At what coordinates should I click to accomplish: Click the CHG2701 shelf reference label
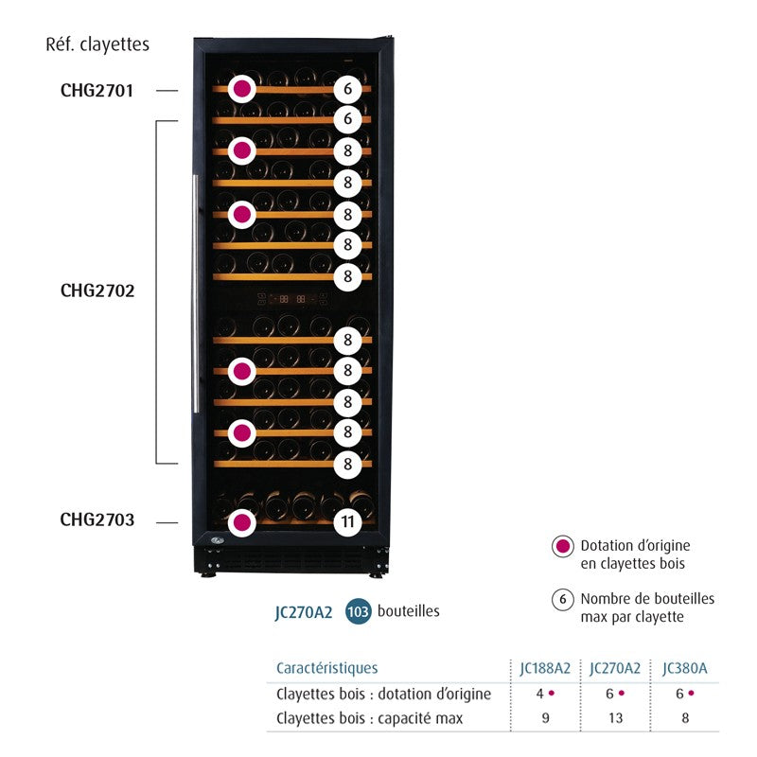[x=97, y=91]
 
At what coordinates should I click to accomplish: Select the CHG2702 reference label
[x=97, y=290]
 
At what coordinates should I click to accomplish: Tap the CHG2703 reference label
[x=97, y=519]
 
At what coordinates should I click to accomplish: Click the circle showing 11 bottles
[x=347, y=521]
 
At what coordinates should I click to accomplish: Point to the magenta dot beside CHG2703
[x=242, y=521]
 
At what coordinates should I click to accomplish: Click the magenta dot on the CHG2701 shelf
[x=242, y=90]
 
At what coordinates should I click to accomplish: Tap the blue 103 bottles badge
[x=358, y=611]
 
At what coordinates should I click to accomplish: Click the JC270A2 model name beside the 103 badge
[x=304, y=612]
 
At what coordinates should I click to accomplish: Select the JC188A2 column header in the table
[x=545, y=668]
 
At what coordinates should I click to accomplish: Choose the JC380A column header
[x=685, y=668]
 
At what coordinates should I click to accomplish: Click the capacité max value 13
[x=615, y=718]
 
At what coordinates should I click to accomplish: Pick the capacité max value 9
[x=545, y=718]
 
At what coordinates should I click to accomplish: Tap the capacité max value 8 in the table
[x=685, y=718]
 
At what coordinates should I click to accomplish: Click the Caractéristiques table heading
[x=326, y=668]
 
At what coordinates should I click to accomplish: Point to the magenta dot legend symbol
[x=562, y=546]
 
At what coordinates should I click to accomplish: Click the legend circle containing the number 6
[x=562, y=599]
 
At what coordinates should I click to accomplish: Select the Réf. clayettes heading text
[x=97, y=44]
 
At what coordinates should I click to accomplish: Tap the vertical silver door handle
[x=196, y=293]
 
